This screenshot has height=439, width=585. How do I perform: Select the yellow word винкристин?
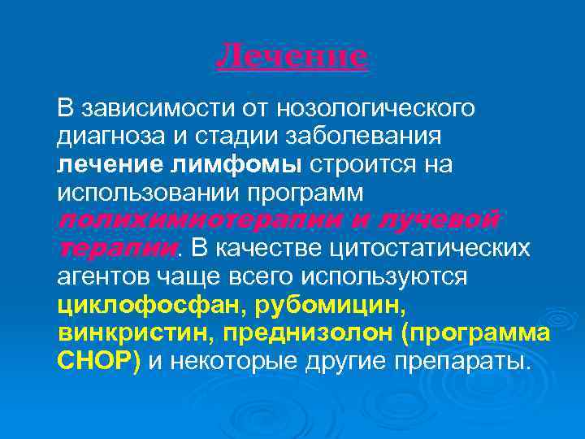[134, 335]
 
